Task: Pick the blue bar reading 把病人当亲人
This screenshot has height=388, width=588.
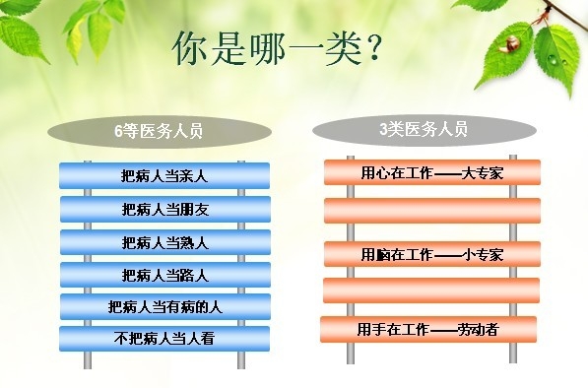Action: coord(164,176)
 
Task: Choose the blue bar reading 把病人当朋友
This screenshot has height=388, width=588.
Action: coord(164,209)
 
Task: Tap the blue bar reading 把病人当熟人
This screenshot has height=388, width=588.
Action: coord(164,242)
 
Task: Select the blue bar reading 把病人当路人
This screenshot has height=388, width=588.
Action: coord(164,274)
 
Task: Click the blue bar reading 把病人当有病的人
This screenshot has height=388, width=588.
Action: coord(164,306)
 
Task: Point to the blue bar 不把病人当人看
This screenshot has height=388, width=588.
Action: coord(164,338)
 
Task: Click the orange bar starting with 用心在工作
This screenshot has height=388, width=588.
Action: coord(432,173)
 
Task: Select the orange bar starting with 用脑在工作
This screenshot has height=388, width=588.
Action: coord(432,254)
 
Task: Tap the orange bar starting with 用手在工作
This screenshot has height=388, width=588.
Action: coord(427,329)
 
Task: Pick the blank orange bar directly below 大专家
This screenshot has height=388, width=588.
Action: coord(432,211)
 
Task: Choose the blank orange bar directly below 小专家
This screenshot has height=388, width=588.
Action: coord(432,291)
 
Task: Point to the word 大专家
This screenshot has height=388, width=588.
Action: coord(483,173)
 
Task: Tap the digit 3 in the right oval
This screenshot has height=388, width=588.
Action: coord(382,129)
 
